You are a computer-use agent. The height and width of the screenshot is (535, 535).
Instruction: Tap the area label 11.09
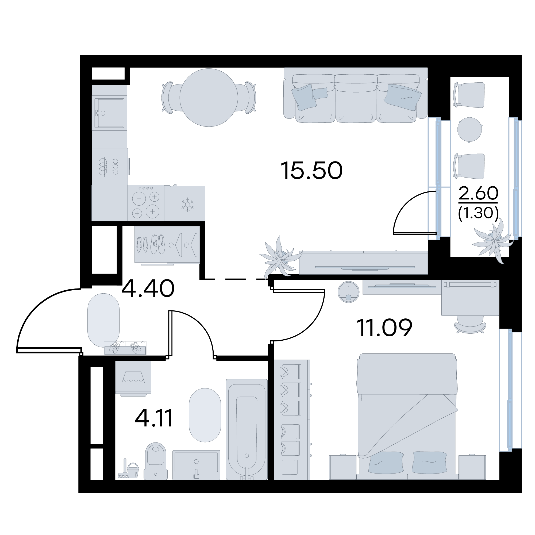click(x=385, y=327)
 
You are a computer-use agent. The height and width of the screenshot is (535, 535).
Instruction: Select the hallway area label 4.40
click(x=148, y=288)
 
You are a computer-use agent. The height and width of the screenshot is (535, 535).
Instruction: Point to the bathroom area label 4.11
click(x=154, y=418)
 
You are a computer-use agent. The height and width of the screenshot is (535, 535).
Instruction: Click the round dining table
click(x=209, y=98)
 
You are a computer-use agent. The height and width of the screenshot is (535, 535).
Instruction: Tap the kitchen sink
click(x=109, y=113)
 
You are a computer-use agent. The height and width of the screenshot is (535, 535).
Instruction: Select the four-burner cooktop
click(x=146, y=203)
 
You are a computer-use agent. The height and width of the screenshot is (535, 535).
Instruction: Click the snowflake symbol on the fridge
click(x=187, y=205)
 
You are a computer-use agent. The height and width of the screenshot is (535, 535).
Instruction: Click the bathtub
click(x=247, y=429)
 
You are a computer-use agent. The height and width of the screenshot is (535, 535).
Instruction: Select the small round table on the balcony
click(x=469, y=130)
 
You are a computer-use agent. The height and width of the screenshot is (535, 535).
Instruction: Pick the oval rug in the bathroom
click(x=205, y=419)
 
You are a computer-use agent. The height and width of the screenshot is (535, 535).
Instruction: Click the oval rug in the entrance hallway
click(x=103, y=320)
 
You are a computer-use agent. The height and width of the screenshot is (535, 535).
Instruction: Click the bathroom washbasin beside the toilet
click(x=196, y=465)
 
